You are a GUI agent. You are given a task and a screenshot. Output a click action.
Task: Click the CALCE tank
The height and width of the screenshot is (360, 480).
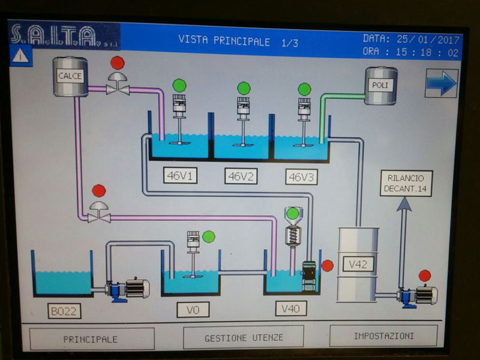[70, 76]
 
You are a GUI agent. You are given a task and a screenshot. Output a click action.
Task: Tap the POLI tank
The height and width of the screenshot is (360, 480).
[380, 86]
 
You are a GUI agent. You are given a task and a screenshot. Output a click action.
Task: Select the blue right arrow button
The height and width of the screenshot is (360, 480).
[441, 83]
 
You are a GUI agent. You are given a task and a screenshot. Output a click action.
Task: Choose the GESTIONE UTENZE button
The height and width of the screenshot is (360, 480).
[244, 337]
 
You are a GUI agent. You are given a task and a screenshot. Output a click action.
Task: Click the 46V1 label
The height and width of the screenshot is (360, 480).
[181, 176]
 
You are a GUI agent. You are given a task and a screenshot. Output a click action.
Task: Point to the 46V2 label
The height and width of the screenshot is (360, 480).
[241, 176]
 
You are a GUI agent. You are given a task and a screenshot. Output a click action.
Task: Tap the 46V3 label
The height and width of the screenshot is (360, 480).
[301, 176]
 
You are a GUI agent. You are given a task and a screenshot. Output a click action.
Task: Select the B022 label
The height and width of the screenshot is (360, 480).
[65, 311]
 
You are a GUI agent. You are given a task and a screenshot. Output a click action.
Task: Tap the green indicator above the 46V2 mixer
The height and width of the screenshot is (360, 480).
[243, 88]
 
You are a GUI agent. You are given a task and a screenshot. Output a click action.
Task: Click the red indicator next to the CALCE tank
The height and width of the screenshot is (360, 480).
[117, 62]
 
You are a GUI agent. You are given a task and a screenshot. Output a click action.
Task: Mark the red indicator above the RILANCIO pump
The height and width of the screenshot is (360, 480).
[424, 275]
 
